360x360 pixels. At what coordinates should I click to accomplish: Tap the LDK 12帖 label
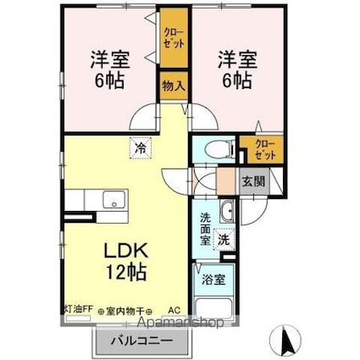126,262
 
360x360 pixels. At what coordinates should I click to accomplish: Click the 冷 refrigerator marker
138,147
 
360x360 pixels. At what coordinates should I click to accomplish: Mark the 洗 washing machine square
224,240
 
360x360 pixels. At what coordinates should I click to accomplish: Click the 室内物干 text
120,310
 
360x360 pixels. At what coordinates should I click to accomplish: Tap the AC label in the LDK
174,310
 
